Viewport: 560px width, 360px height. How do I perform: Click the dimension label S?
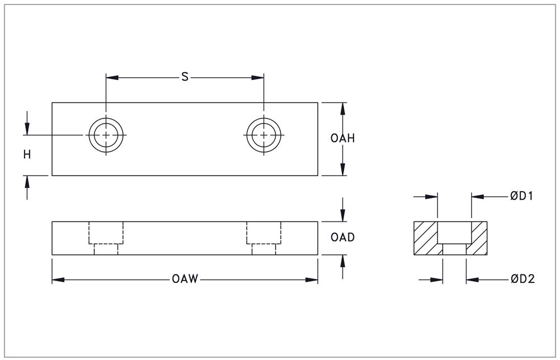(x=185, y=77)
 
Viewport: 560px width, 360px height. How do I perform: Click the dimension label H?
(x=27, y=155)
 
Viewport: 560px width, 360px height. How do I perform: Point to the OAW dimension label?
(x=185, y=280)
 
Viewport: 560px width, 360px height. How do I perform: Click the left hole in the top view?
(x=106, y=135)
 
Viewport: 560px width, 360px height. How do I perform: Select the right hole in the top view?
(x=263, y=135)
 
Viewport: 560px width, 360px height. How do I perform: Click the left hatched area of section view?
(x=425, y=237)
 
